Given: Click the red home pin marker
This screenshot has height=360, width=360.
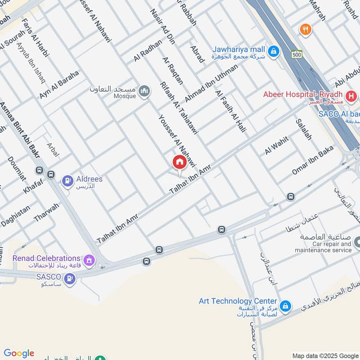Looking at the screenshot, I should point(179,162).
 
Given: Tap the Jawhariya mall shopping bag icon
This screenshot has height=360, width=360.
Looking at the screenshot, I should point(273,52).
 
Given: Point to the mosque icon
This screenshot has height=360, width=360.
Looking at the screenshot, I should point(144,91).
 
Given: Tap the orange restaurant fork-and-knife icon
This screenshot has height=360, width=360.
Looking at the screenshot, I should point(306,30).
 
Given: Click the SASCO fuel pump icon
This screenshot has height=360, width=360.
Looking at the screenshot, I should point(70,279).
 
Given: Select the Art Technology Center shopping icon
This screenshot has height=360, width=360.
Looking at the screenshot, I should point(284,306).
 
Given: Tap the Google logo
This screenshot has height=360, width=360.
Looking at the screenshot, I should point(18,353).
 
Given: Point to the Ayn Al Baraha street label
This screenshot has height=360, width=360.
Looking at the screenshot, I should point(58,85).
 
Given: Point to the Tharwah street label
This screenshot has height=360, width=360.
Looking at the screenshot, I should point(46,212).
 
